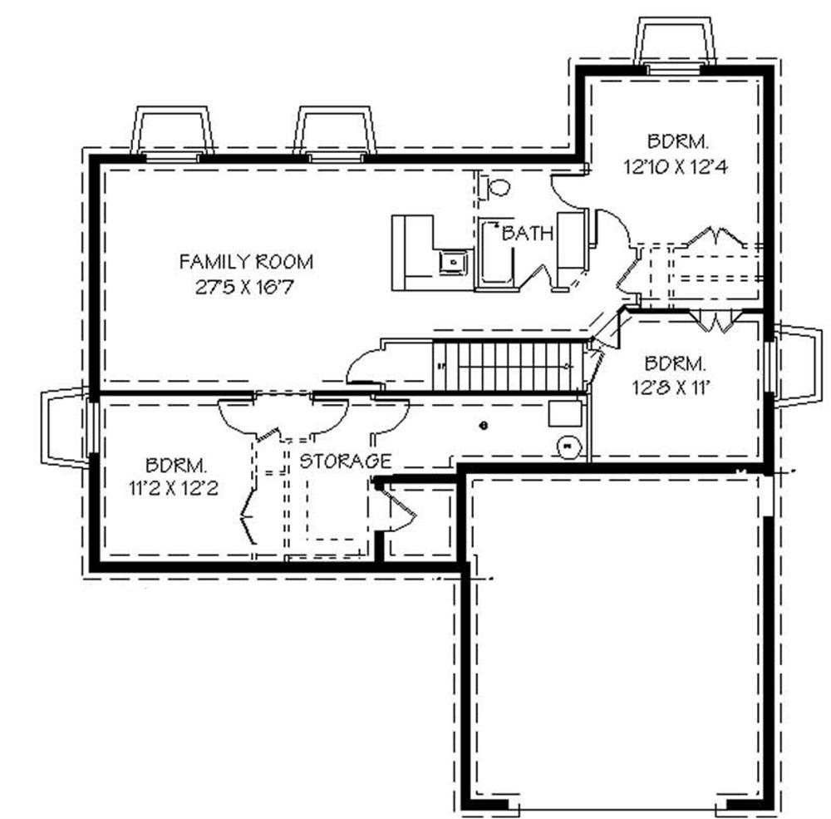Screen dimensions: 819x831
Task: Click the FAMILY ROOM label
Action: point(247,263)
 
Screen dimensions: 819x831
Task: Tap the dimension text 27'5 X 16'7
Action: point(247,289)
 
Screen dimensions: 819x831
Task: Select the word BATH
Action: point(527,234)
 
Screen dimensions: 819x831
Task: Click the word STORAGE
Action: point(345,461)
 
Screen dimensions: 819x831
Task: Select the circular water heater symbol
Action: point(569,447)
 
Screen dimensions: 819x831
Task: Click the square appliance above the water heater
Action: point(563,413)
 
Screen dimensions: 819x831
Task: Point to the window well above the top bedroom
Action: point(674,42)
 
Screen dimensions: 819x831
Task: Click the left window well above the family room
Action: point(172,131)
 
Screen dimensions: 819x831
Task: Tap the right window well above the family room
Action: point(335,131)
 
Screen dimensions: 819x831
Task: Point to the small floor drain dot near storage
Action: point(483,425)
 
